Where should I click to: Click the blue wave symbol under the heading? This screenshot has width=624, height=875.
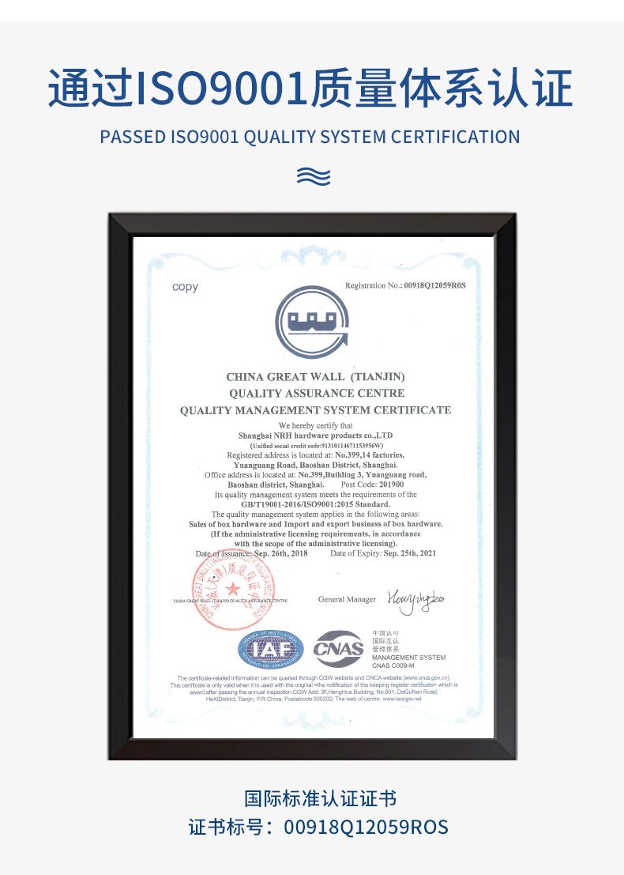[x=313, y=175]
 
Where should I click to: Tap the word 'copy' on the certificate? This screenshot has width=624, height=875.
[x=186, y=287]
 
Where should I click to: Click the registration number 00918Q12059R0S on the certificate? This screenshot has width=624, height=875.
[x=435, y=285]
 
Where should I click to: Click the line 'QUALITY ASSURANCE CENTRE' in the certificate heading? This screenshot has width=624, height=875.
[x=316, y=393]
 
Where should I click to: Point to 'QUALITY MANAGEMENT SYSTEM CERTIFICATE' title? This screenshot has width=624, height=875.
[x=315, y=410]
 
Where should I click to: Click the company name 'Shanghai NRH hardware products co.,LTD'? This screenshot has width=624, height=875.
[x=315, y=436]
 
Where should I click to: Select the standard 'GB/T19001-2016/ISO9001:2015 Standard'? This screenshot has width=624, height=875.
[x=315, y=504]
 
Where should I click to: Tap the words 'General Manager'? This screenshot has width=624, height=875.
[x=347, y=599]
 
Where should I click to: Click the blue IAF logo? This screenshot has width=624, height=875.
[x=271, y=649]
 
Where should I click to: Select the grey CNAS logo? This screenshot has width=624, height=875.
[x=339, y=649]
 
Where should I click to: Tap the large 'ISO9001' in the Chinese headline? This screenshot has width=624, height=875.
[x=222, y=89]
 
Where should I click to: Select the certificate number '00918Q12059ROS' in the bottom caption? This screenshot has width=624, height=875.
[x=366, y=827]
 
